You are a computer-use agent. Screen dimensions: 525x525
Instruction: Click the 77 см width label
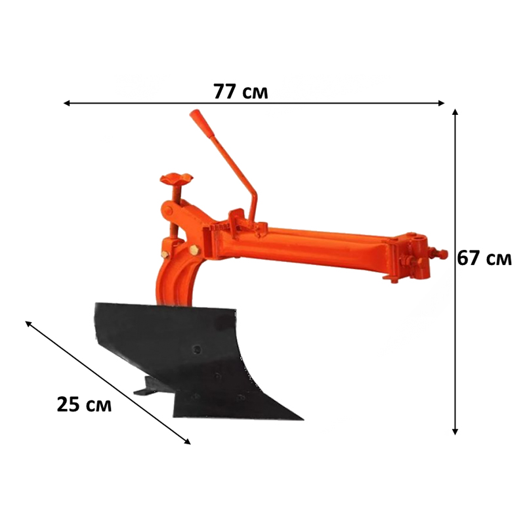[x=241, y=91]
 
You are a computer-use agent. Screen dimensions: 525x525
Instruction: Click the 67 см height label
[x=484, y=258]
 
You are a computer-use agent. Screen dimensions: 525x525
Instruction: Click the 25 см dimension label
[x=84, y=404]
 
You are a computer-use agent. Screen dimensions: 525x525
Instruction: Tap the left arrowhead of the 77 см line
[x=67, y=103]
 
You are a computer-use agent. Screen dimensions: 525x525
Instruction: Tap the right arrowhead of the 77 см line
[x=441, y=103]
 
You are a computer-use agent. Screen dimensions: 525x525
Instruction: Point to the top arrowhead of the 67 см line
[x=455, y=112]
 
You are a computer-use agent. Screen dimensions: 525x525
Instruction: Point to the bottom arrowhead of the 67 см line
[x=455, y=432]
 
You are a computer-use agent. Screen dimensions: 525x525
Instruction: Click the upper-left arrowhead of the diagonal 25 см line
[x=28, y=323]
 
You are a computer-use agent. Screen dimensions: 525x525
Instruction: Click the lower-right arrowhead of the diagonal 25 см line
[x=188, y=442]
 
